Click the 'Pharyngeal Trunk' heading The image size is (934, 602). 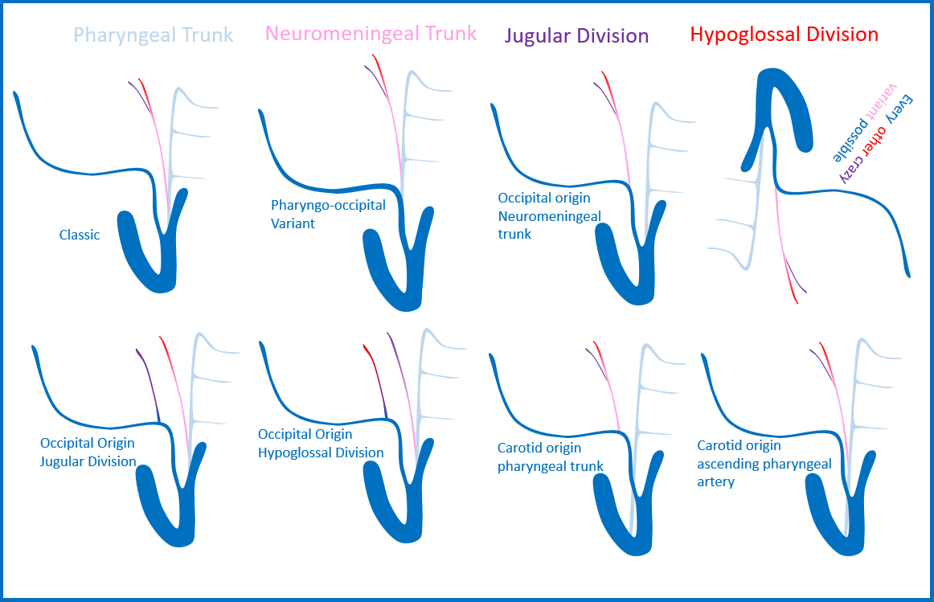(153, 35)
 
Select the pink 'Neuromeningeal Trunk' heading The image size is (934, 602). (371, 34)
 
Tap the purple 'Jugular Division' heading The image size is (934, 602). (576, 36)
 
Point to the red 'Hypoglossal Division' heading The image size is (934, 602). (784, 35)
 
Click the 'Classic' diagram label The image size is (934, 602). (80, 235)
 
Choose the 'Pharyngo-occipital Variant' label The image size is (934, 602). (328, 214)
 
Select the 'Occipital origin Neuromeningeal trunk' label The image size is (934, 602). (544, 215)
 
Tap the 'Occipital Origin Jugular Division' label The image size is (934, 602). (88, 452)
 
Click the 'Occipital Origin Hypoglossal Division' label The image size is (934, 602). (320, 444)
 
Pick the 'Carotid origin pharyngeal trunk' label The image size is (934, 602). (550, 457)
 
